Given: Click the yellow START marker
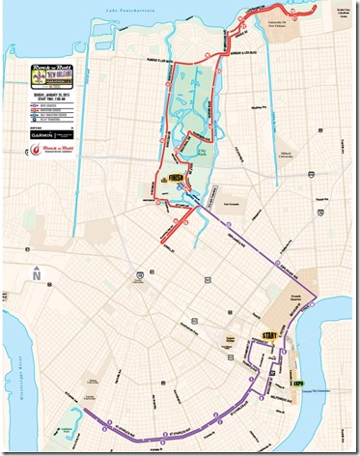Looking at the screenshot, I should [269, 335].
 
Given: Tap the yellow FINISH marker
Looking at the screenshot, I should [176, 179].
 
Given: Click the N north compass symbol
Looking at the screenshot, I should [35, 273].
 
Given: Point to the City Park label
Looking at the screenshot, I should [198, 145].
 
